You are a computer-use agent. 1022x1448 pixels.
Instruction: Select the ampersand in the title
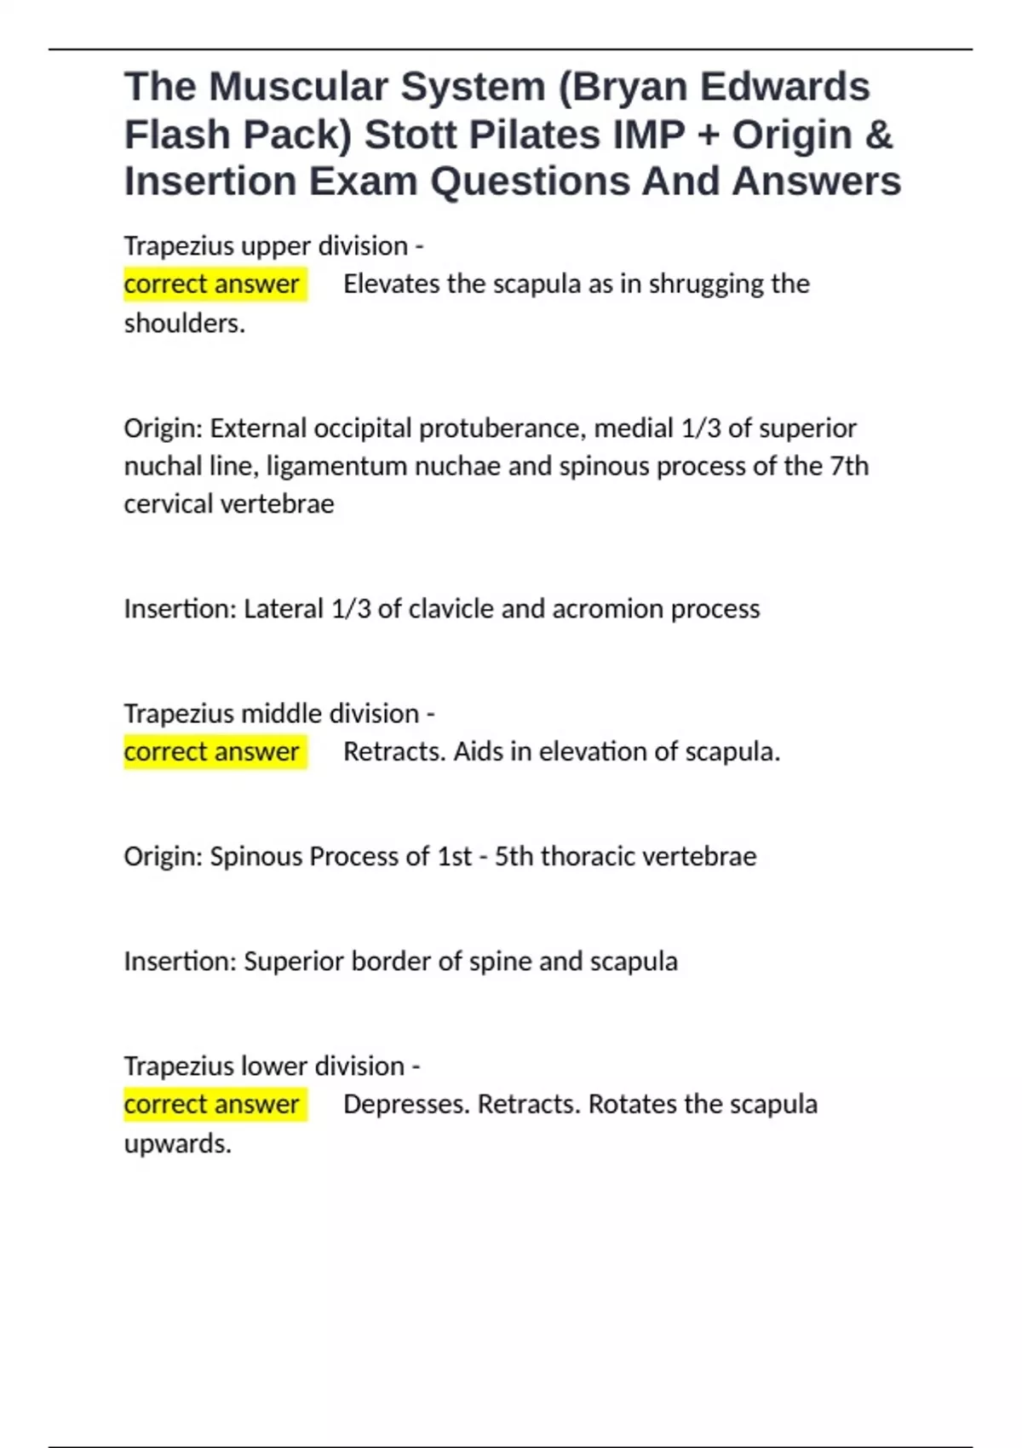pos(878,135)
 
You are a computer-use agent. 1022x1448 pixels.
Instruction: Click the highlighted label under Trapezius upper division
pos(212,284)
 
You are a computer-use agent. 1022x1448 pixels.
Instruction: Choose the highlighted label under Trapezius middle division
pos(212,751)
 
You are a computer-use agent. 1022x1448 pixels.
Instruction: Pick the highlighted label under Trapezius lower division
pos(212,1104)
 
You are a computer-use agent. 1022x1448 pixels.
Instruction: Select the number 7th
pos(849,466)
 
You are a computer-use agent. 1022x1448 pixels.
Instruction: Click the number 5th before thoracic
pos(514,856)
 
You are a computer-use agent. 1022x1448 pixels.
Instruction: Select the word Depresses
pos(406,1104)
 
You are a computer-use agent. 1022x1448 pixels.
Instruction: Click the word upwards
pos(177,1143)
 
